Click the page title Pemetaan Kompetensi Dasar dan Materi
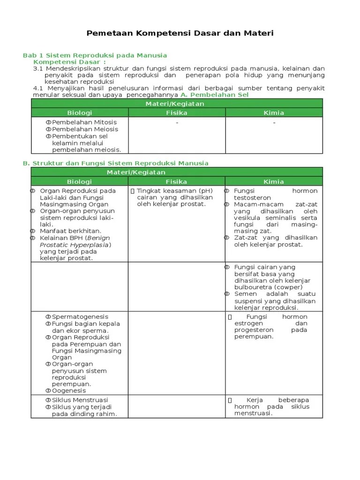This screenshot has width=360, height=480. [x=180, y=33]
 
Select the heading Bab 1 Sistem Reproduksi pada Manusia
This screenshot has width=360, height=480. [x=95, y=55]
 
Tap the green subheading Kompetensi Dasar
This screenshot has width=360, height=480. [x=70, y=62]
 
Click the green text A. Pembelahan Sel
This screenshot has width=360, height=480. [x=214, y=95]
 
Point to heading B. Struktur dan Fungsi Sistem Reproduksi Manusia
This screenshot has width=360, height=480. [x=116, y=163]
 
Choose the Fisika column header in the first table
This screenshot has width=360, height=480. [x=177, y=113]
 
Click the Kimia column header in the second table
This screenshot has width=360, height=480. [x=274, y=181]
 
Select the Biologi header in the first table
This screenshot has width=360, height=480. [x=80, y=113]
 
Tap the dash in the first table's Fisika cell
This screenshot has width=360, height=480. [x=177, y=123]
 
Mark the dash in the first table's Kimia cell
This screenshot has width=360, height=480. [x=274, y=123]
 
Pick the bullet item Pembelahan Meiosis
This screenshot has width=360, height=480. [x=85, y=129]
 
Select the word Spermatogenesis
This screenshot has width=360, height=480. [x=80, y=317]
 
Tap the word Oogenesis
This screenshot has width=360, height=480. [x=69, y=390]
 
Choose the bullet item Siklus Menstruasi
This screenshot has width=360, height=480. [x=80, y=400]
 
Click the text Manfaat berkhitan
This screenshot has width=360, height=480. [x=70, y=231]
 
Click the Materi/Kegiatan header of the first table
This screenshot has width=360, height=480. [x=177, y=104]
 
